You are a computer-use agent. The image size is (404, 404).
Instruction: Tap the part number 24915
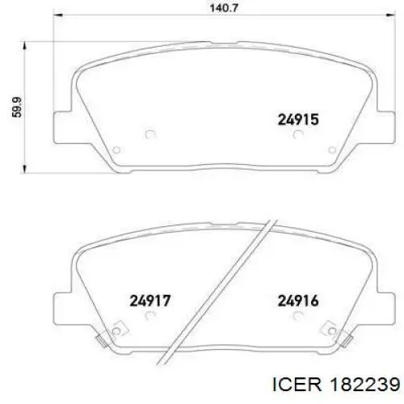(298, 120)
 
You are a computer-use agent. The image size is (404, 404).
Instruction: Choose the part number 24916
(298, 301)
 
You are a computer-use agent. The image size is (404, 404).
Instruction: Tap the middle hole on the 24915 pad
(149, 135)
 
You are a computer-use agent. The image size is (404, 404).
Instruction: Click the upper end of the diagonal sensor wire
(273, 218)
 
